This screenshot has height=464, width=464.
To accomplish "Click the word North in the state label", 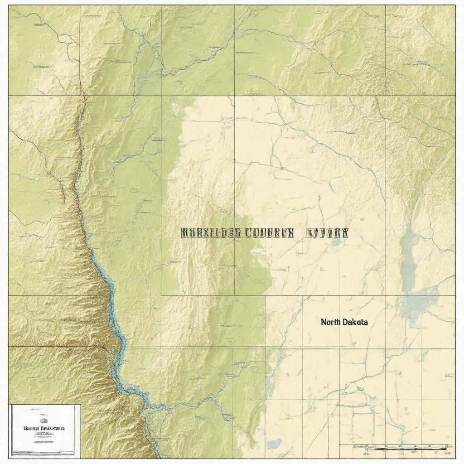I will click(x=332, y=322).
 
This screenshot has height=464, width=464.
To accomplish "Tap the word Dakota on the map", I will click(x=357, y=322).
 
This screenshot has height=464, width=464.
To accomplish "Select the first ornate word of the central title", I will click(x=210, y=233).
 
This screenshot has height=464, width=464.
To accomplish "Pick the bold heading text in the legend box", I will click(x=44, y=428).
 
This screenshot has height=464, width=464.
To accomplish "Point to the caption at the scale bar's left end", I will click(x=361, y=446).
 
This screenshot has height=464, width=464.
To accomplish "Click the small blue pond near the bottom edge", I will click(x=274, y=443).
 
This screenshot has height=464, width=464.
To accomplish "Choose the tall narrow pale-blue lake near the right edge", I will click(x=409, y=261).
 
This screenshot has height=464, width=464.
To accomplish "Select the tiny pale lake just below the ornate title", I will click(x=336, y=242).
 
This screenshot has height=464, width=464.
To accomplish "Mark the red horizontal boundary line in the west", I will click(x=54, y=347).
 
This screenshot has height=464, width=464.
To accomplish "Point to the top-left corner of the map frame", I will click(x=9, y=6).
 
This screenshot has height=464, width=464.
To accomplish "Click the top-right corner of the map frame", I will click(x=455, y=6).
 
